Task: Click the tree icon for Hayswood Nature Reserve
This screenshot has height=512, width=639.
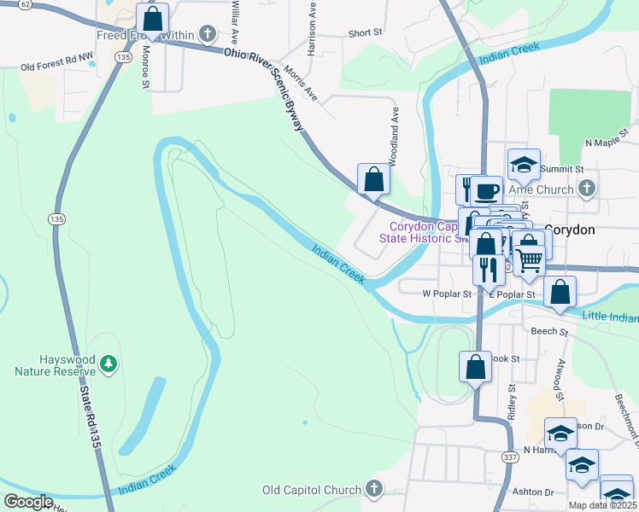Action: point(108,364)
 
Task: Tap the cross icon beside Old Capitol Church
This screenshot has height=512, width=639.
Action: point(372,489)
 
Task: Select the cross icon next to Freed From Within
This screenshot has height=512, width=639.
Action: point(206,34)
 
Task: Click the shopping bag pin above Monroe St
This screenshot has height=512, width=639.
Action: point(152,19)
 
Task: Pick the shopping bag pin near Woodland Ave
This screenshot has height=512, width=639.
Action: point(373,180)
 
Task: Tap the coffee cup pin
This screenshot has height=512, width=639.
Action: point(486,191)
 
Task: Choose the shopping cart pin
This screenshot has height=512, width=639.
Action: point(529,259)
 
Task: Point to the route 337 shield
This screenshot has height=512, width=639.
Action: point(510,457)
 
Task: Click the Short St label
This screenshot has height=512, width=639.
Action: point(364,33)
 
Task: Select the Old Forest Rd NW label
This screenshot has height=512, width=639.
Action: point(56,65)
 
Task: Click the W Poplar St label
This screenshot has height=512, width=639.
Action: point(447,294)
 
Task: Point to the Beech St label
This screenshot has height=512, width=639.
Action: point(549,331)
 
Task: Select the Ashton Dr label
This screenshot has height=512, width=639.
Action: point(532,492)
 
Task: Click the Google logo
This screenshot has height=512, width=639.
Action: point(28,502)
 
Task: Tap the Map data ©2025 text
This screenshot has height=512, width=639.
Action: point(602,505)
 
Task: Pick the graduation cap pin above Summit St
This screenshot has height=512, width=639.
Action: point(524,164)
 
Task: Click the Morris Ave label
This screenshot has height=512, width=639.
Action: point(301,83)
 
